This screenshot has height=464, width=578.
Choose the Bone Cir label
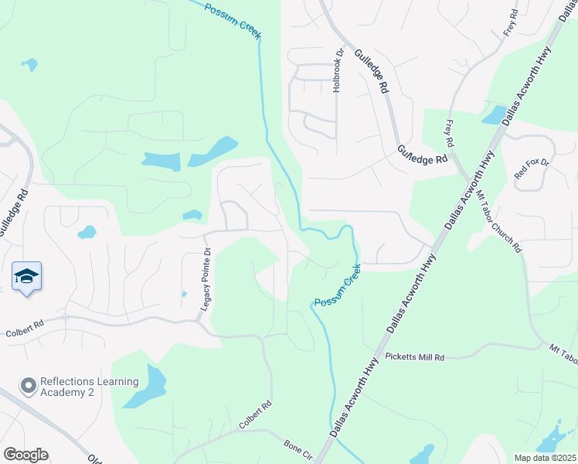pyautogui.click(x=297, y=447)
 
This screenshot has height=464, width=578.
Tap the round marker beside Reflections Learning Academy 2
pyautogui.click(x=29, y=385)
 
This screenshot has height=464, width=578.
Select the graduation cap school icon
pyautogui.click(x=26, y=276)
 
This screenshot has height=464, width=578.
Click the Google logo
pyautogui.click(x=25, y=455)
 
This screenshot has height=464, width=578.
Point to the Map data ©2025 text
pyautogui.click(x=545, y=458)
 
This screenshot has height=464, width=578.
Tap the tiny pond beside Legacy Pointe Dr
pyautogui.click(x=184, y=294)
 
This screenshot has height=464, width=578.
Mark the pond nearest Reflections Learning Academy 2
pyautogui.click(x=147, y=386)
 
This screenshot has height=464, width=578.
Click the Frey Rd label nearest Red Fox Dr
pyautogui.click(x=449, y=131)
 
